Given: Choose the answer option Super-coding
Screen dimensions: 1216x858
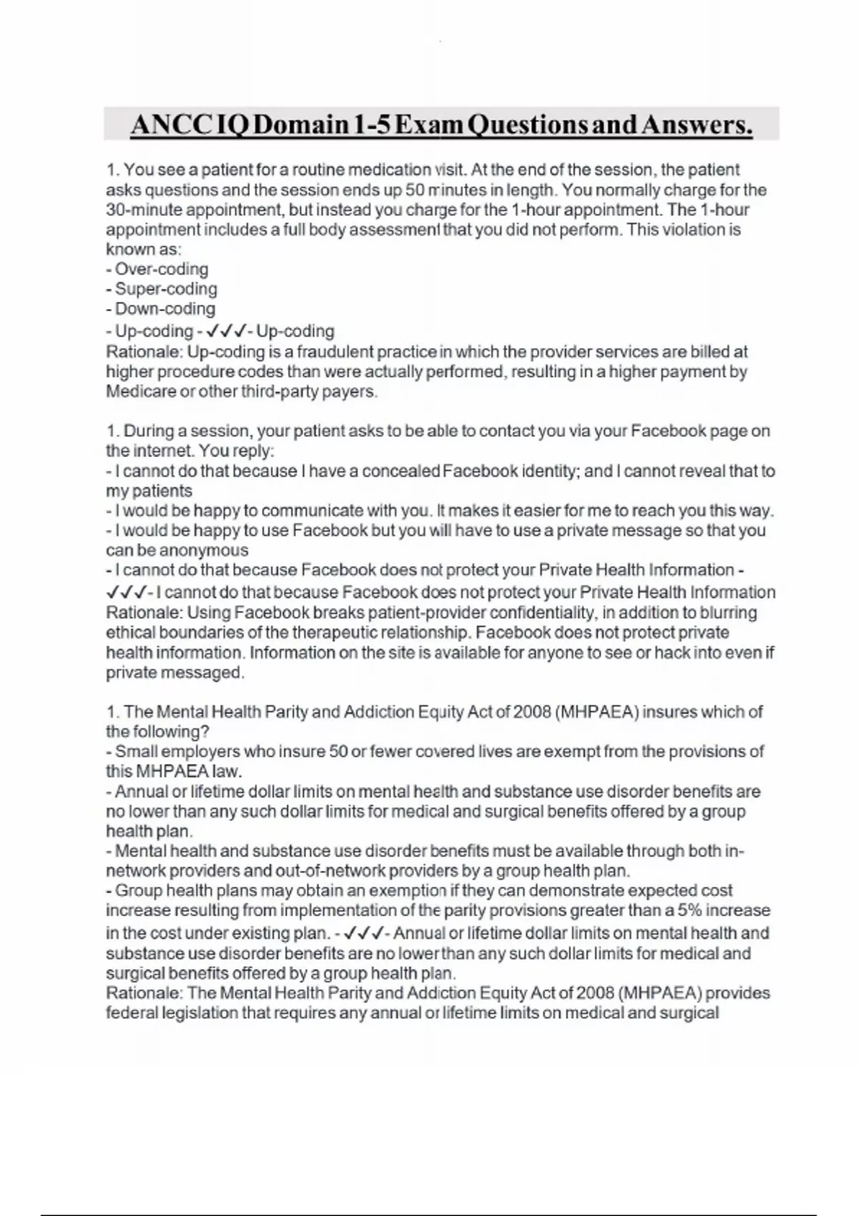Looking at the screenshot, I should (x=166, y=289).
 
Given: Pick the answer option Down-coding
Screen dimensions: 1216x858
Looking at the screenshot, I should (x=165, y=309).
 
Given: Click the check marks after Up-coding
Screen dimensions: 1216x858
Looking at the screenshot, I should (x=225, y=331).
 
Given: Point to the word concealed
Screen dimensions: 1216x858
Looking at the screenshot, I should (x=400, y=471).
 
